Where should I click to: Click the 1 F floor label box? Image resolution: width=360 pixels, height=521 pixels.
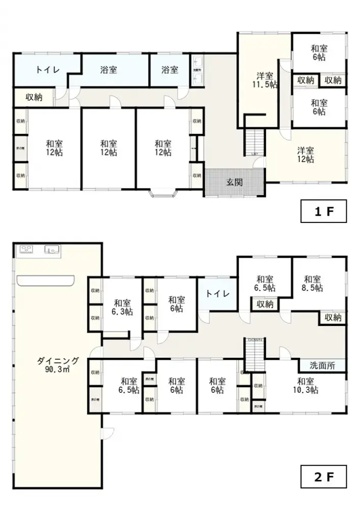pos(323,211)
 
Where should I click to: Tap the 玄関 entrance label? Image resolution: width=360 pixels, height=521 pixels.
pos(234,182)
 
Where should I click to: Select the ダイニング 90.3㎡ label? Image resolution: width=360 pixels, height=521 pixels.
pos(58,365)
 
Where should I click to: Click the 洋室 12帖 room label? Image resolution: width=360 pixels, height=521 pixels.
pos(306,155)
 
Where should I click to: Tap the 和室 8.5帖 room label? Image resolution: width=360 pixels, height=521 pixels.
pos(312,283)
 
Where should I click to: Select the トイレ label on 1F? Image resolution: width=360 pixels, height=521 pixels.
pos(47,70)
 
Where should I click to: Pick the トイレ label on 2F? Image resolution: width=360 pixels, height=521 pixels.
pos(218,294)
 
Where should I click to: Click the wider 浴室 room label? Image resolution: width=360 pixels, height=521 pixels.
pos(108,70)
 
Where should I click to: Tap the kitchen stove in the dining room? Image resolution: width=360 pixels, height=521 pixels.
pos(26,249)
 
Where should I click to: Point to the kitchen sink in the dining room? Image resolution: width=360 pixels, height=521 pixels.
pos(51,249)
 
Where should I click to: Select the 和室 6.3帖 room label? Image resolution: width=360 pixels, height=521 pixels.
pos(122,306)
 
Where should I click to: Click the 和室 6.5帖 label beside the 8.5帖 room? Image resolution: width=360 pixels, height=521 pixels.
pos(264,283)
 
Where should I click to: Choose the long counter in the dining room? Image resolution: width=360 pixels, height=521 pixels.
pos(45,280)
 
